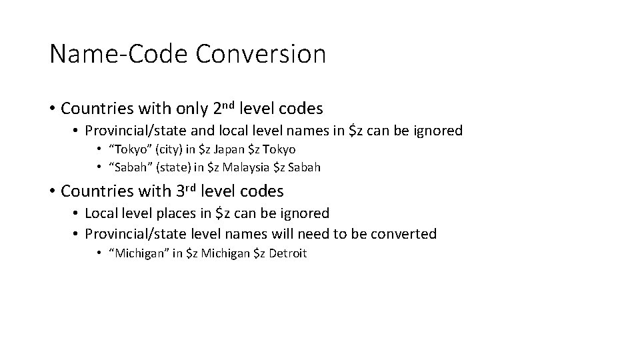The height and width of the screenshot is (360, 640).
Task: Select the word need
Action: click(x=317, y=233)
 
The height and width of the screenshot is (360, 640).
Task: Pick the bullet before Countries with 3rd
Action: click(x=52, y=192)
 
